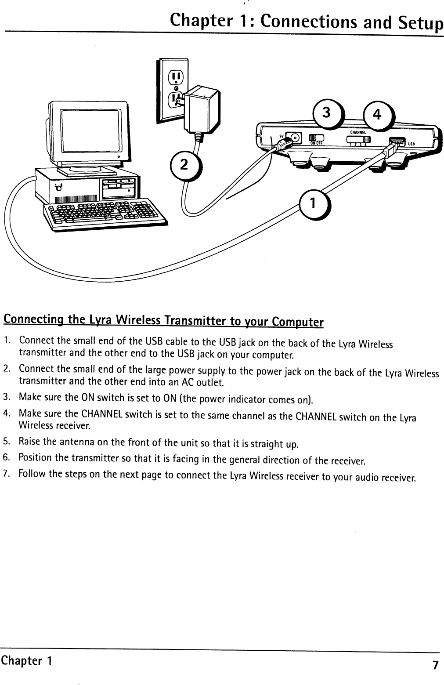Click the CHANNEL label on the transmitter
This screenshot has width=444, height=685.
[x=358, y=131]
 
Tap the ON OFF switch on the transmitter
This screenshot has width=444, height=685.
[x=316, y=139]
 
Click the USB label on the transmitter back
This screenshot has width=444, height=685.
[x=412, y=144]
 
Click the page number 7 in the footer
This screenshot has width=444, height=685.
[x=435, y=665]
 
